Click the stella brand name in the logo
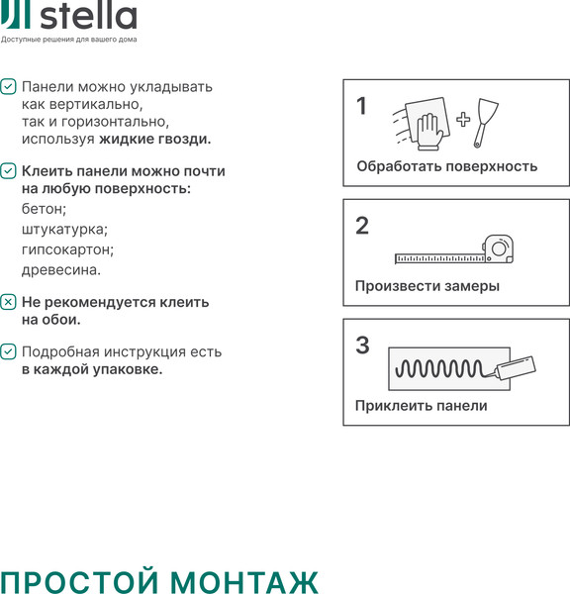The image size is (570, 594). pyautogui.click(x=88, y=16)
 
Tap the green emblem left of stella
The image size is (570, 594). pyautogui.click(x=15, y=14)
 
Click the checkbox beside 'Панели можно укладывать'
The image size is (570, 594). pyautogui.click(x=8, y=86)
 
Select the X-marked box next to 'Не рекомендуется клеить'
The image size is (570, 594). pyautogui.click(x=8, y=302)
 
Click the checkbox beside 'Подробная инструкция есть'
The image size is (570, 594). pyautogui.click(x=8, y=351)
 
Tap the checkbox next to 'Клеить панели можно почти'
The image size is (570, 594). pyautogui.click(x=8, y=171)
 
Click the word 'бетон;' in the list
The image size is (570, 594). pyautogui.click(x=44, y=209)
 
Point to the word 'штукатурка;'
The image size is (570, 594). pyautogui.click(x=64, y=230)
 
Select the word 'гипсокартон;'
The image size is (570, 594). pyautogui.click(x=67, y=249)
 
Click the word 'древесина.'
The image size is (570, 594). pyautogui.click(x=61, y=270)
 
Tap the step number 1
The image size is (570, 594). pyautogui.click(x=362, y=106)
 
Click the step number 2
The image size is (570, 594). pyautogui.click(x=362, y=226)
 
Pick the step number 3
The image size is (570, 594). pyautogui.click(x=362, y=346)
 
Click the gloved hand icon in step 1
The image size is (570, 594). pyautogui.click(x=429, y=132)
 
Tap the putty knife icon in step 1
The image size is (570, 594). pyautogui.click(x=486, y=123)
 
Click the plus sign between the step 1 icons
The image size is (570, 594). pyautogui.click(x=463, y=120)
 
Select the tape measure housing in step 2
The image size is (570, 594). pyautogui.click(x=498, y=248)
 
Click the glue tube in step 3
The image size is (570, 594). pyautogui.click(x=516, y=367)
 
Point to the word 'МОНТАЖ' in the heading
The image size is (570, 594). pyautogui.click(x=243, y=581)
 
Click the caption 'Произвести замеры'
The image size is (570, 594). pyautogui.click(x=427, y=286)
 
